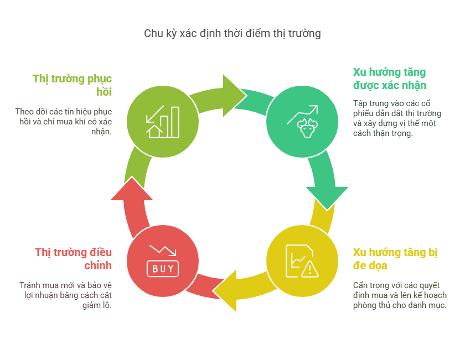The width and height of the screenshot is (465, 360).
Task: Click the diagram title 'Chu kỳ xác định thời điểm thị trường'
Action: [x=232, y=33]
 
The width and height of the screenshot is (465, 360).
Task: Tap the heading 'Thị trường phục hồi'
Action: [x=72, y=85]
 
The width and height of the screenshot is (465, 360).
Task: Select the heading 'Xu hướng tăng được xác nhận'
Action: [x=390, y=79]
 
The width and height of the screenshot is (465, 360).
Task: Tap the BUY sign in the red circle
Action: [x=163, y=268]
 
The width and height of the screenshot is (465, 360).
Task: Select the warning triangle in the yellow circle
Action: [x=309, y=268]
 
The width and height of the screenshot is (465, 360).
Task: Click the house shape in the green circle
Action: [x=154, y=131]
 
